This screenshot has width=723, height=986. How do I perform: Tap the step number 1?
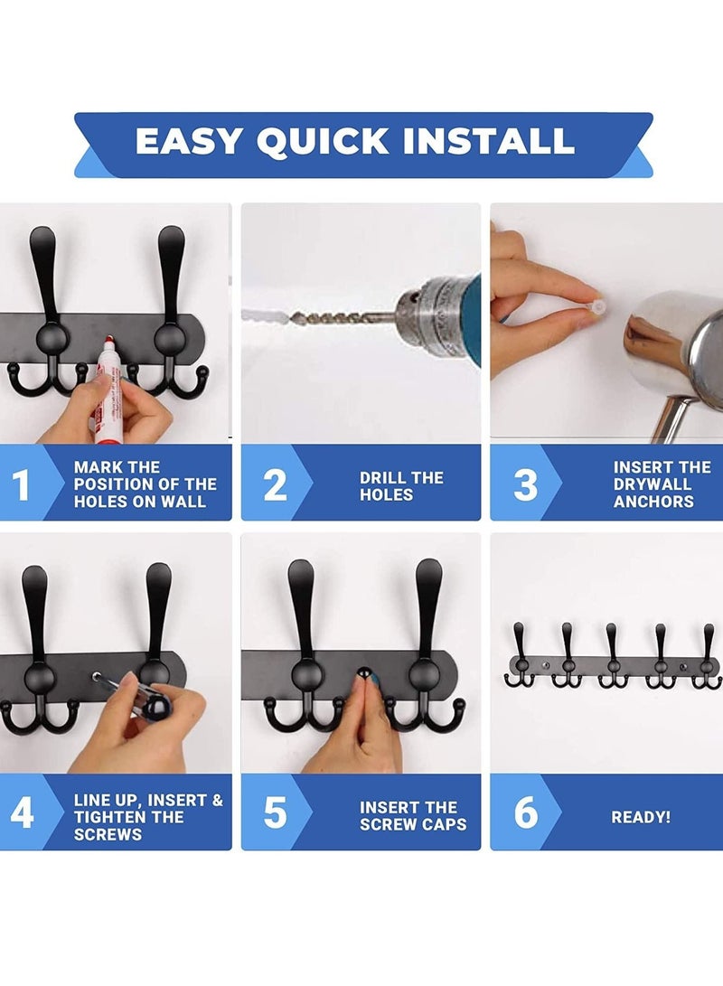click(x=21, y=484)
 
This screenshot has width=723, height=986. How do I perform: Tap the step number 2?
click(x=275, y=484)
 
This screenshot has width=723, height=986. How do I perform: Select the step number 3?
click(x=525, y=484)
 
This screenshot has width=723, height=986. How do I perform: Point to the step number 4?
click(x=21, y=812)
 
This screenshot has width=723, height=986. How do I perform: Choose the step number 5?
click(x=275, y=812)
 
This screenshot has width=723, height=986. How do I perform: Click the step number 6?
click(x=525, y=812)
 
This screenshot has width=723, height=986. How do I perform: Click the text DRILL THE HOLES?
click(x=401, y=486)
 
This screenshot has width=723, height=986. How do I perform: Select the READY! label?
click(x=641, y=817)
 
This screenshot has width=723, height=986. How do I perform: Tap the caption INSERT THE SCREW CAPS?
click(x=413, y=816)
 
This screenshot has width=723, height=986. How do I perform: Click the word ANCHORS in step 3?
click(x=653, y=502)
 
